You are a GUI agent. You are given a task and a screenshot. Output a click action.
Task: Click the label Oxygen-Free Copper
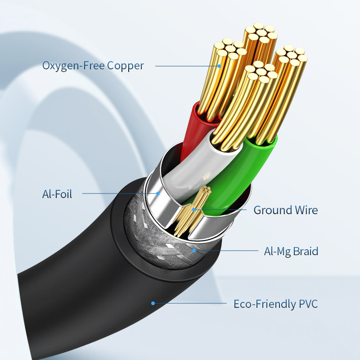point(93,66)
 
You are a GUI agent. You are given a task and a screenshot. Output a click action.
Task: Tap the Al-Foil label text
point(57,194)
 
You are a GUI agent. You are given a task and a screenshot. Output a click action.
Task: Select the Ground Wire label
point(285,210)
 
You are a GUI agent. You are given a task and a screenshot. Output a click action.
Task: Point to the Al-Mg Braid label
point(291,251)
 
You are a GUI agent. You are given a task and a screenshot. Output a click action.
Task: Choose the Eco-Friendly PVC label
point(275,304)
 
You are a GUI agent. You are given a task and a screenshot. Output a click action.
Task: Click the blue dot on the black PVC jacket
point(153,303)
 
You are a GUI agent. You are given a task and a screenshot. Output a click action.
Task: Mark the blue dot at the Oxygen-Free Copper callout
point(220,66)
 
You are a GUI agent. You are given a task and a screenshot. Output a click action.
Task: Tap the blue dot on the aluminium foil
point(158,193)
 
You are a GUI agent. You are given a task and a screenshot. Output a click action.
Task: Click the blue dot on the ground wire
point(194,209)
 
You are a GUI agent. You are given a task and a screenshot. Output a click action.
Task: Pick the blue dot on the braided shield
point(194,250)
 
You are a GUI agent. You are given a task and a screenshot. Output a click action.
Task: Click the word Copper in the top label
point(126,66)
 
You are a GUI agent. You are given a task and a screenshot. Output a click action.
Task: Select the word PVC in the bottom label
point(308,304)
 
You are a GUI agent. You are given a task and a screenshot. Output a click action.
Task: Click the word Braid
point(306,251)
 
